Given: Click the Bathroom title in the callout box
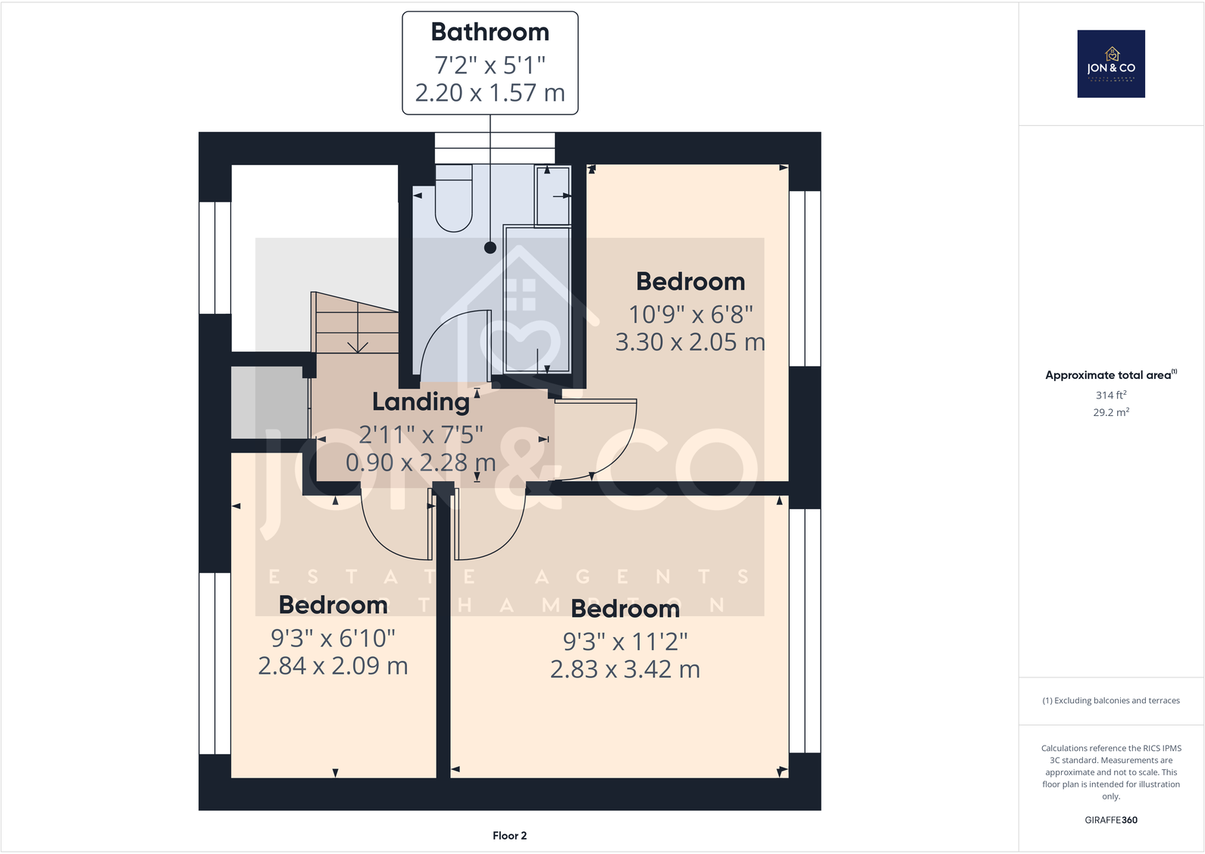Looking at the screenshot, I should (490, 33).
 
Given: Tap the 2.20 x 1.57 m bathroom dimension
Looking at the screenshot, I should (490, 93).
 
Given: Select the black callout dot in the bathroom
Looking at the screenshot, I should (490, 248).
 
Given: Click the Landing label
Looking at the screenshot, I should (421, 402).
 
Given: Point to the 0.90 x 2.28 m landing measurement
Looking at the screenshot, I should (421, 462).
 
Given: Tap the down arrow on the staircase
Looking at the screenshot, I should (358, 344).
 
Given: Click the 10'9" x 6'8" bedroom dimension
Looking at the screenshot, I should (690, 314).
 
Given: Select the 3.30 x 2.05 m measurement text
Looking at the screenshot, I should (690, 343).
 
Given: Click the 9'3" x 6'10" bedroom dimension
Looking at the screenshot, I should (333, 638).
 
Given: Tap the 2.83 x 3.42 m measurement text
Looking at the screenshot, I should (624, 670).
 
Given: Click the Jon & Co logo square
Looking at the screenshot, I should (1111, 64).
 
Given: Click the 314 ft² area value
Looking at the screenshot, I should (1110, 395).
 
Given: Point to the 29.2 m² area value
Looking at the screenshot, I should (1110, 413).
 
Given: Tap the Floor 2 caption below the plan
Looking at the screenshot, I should (509, 836).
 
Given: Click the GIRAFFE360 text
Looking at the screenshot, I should (1110, 820).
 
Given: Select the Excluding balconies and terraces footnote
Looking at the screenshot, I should (1110, 701).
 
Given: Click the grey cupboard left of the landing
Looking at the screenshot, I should (268, 402).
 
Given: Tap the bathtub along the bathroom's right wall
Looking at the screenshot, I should (537, 299).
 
